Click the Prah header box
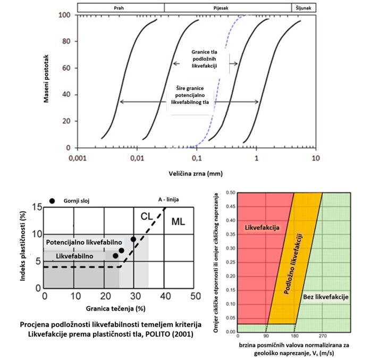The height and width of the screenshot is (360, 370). point(120,8)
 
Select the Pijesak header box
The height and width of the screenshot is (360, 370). point(228,8)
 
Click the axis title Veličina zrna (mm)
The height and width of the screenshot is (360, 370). point(197,173)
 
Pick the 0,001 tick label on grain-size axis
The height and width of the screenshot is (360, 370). point(78,158)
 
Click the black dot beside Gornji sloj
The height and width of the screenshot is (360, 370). point(52,200)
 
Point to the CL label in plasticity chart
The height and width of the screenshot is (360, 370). point(147,216)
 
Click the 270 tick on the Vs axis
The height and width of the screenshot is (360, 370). point(322,337)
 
